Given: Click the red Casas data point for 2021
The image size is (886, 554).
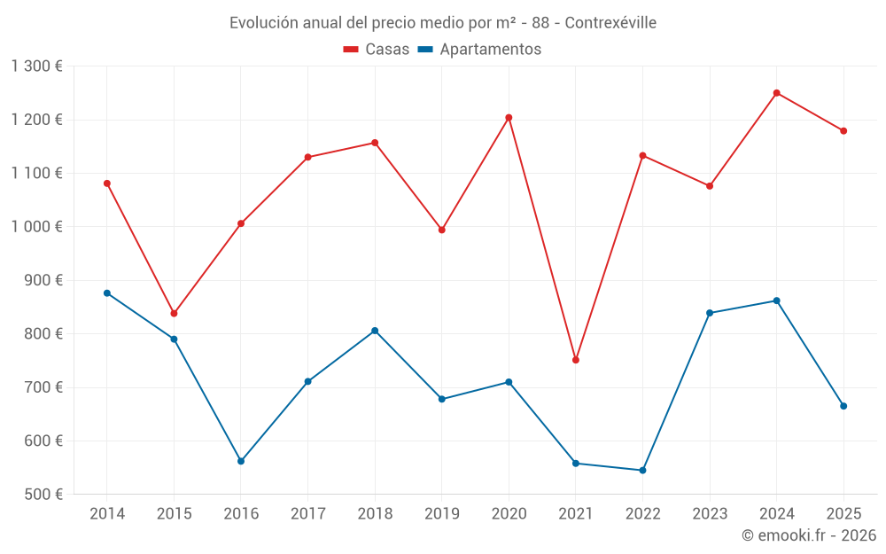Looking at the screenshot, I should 576,360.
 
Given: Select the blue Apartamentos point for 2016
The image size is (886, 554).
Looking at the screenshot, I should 241,461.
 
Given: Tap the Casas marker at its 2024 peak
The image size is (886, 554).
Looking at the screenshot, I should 777,93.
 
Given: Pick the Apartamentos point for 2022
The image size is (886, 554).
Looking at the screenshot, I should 642,470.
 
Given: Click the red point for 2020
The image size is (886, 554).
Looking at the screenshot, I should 509,118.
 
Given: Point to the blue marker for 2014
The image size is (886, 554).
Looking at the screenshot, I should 107,293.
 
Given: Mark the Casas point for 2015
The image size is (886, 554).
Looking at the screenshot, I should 174,314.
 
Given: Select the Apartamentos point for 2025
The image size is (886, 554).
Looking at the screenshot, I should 843,406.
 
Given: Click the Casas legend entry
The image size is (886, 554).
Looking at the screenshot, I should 377,50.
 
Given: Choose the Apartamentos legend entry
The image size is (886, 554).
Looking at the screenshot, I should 479,50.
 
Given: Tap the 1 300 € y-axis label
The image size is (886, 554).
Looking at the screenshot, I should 37,66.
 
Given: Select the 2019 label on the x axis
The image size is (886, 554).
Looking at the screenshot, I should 442,514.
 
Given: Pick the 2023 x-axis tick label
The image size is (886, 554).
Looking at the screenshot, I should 710,514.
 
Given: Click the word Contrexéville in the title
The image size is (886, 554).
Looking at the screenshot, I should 610,23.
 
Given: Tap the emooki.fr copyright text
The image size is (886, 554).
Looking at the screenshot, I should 809,535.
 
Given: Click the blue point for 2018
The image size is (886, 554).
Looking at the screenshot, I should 375,331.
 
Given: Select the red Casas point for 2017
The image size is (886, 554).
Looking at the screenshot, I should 307,158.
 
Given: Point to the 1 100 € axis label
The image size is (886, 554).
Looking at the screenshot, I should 37,173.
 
